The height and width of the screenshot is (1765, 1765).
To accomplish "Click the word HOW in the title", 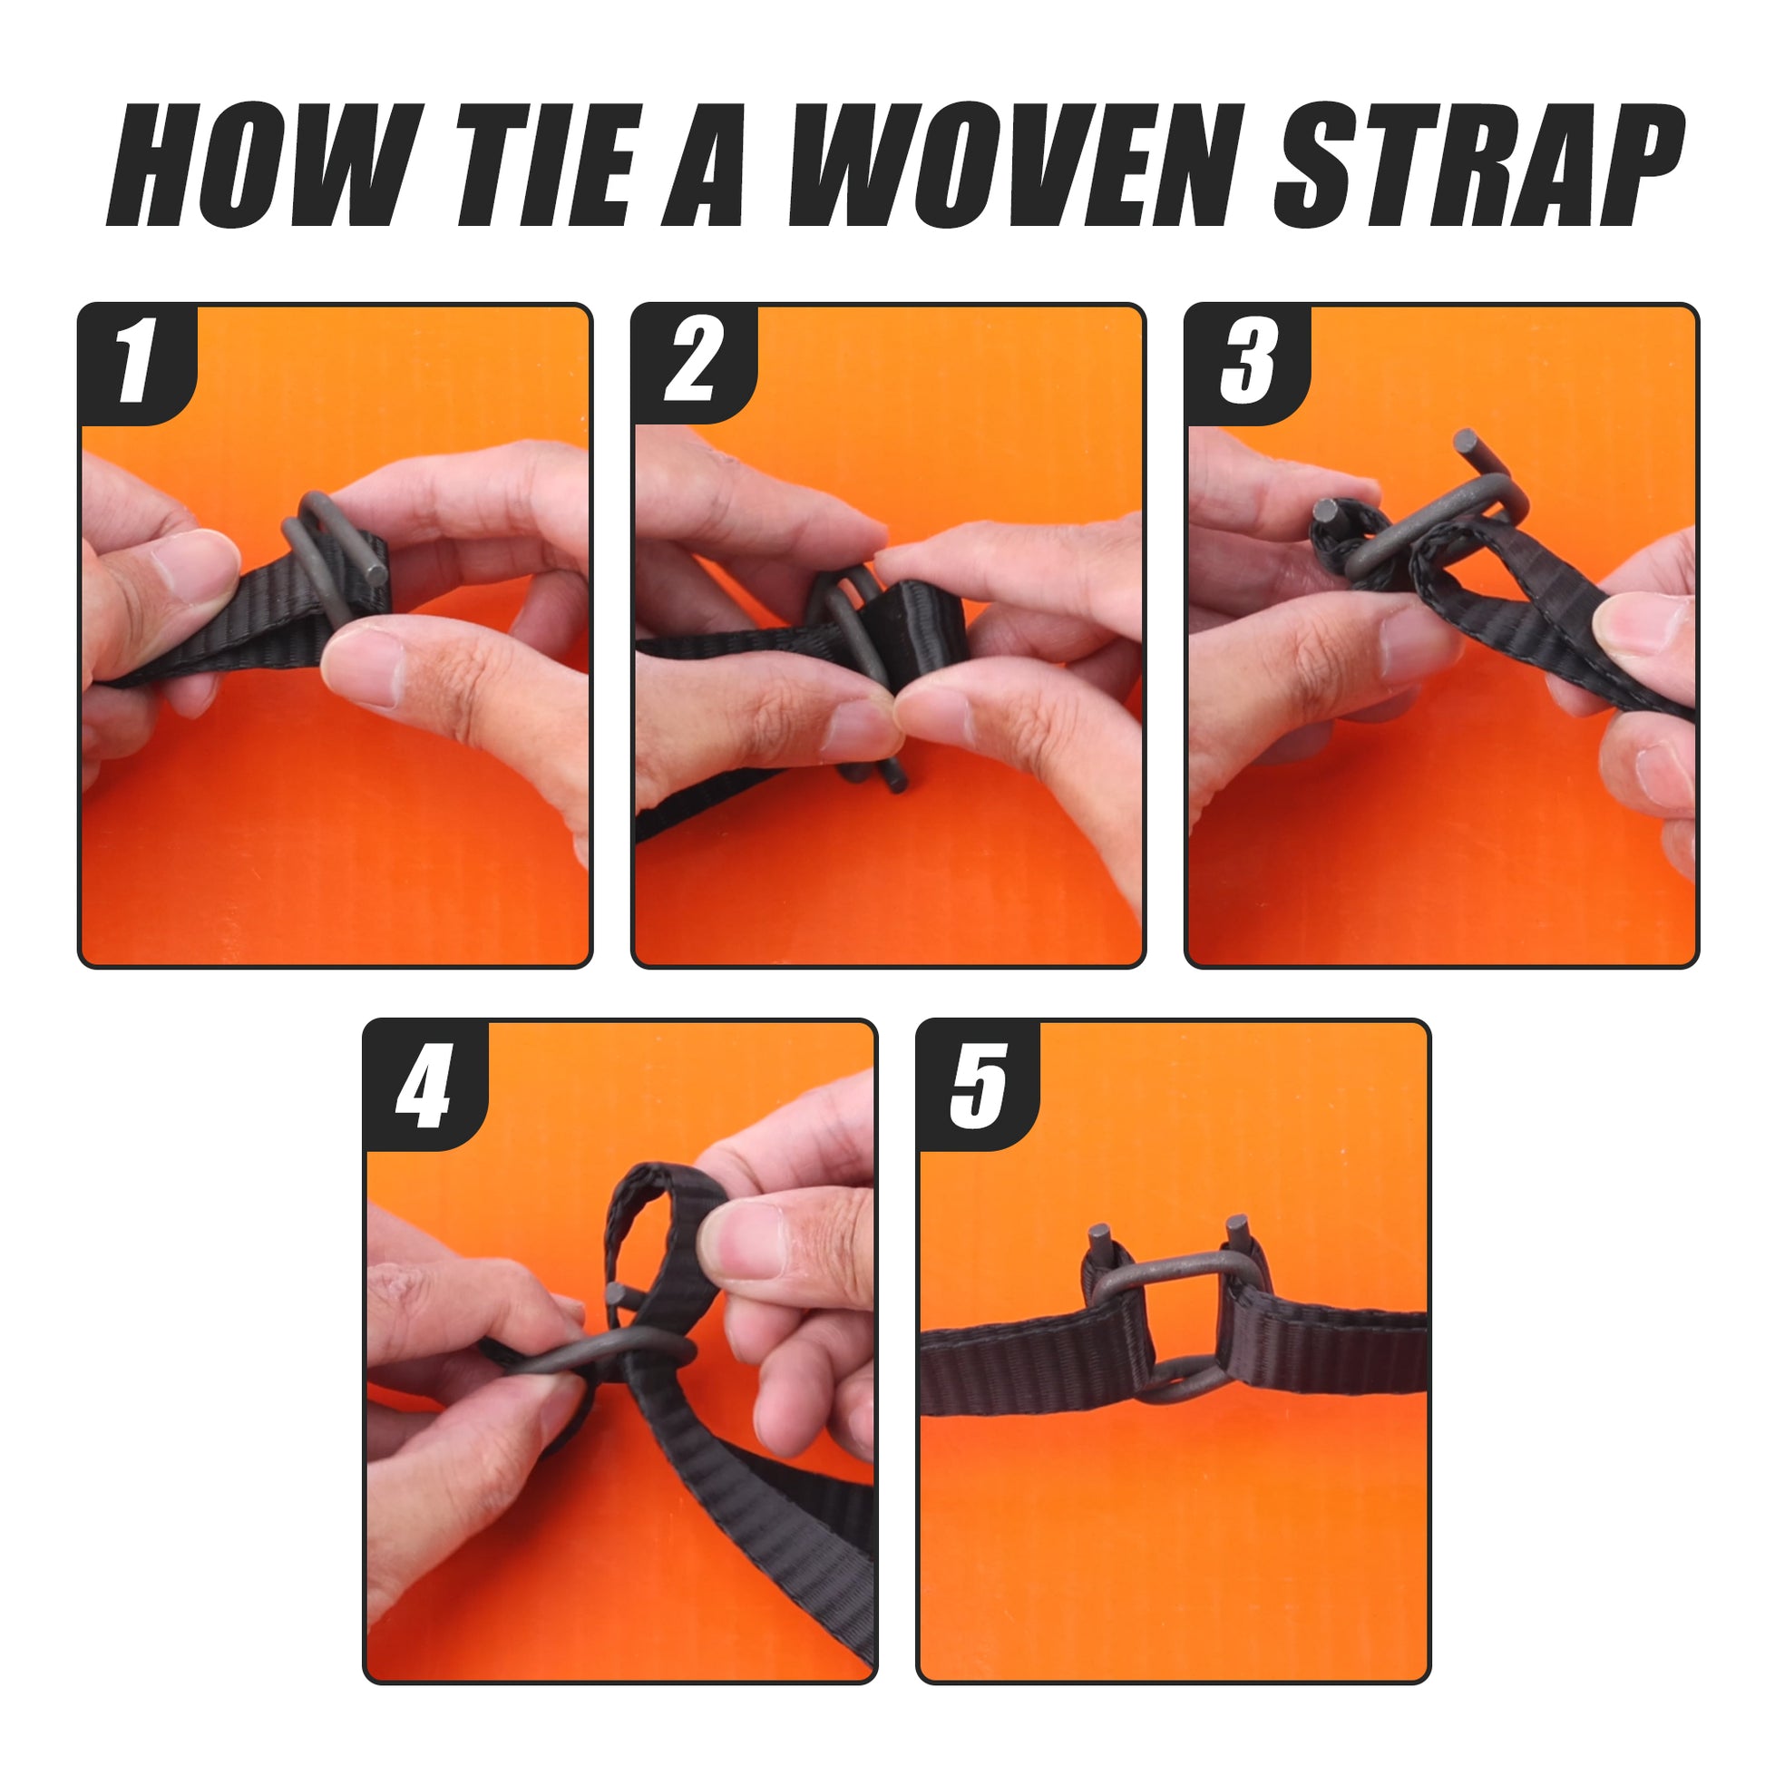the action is coord(266,165).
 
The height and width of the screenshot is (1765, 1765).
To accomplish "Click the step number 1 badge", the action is coord(137,363).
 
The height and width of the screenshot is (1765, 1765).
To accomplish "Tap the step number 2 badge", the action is coord(692,363).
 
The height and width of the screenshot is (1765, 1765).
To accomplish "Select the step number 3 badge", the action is coord(1248,363).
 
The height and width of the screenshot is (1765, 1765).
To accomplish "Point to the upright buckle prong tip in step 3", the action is coord(1467,443).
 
